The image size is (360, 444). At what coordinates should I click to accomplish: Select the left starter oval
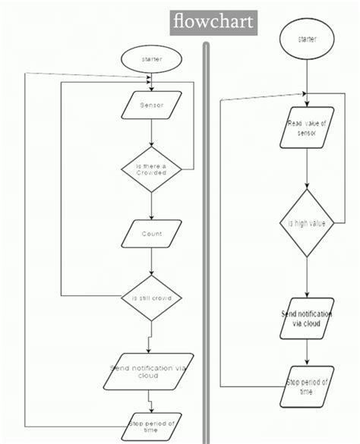click(152, 59)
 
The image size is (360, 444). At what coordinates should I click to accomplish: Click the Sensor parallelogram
click(152, 105)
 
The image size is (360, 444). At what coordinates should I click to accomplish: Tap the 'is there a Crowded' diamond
click(152, 168)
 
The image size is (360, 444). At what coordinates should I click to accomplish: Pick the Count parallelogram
click(152, 234)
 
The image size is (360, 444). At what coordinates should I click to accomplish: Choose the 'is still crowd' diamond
click(152, 298)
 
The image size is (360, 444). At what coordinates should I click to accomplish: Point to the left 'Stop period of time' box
click(151, 426)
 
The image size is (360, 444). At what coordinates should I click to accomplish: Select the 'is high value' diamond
click(307, 223)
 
